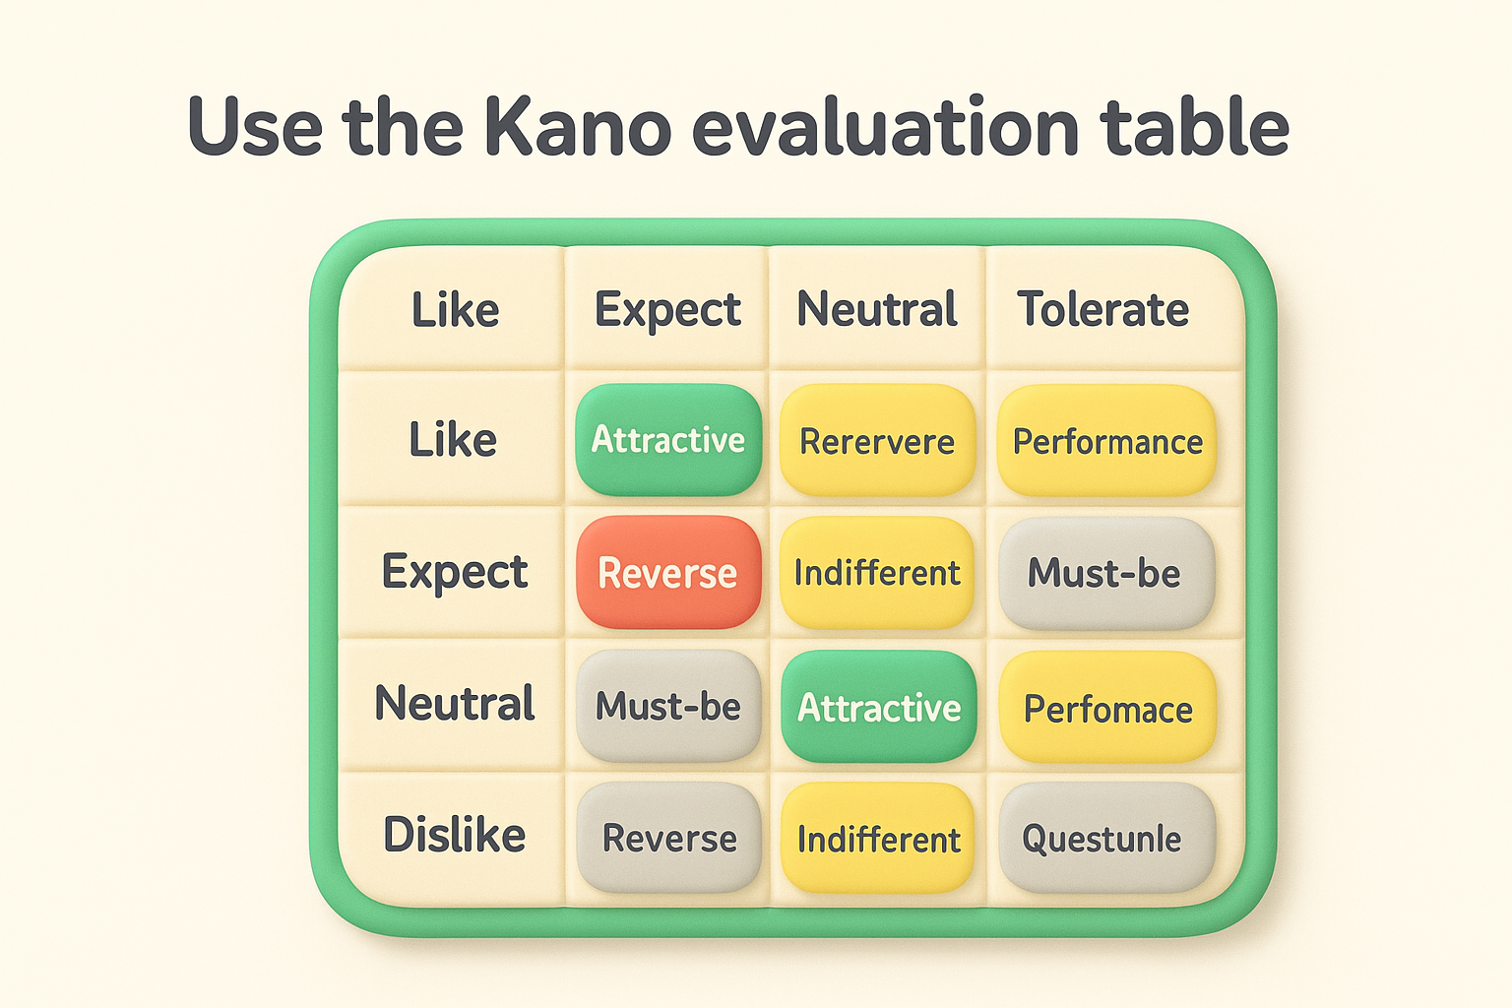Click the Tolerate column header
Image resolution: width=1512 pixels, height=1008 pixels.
point(1102,309)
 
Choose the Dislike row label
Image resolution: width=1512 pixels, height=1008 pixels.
point(454,835)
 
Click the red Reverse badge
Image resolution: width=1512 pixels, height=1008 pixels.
point(668,573)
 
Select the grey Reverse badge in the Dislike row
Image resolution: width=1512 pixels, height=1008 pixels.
point(668,838)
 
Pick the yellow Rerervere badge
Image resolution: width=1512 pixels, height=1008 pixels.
point(877,441)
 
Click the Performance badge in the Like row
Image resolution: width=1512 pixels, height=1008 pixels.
point(1106,441)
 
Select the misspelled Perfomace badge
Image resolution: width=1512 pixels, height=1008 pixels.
point(1107,708)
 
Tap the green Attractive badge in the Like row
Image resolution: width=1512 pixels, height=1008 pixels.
point(668,440)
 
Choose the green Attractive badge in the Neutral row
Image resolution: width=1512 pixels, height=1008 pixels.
point(878,707)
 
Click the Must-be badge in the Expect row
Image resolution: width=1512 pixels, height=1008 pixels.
point(1105,573)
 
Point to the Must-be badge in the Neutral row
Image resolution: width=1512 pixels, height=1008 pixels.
point(668,706)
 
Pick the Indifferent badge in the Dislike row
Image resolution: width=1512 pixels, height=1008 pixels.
point(878,839)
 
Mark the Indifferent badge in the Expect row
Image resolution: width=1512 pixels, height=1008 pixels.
point(877,573)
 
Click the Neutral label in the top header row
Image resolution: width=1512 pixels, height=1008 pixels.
point(876,309)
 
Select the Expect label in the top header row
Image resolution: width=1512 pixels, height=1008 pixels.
point(667,309)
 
